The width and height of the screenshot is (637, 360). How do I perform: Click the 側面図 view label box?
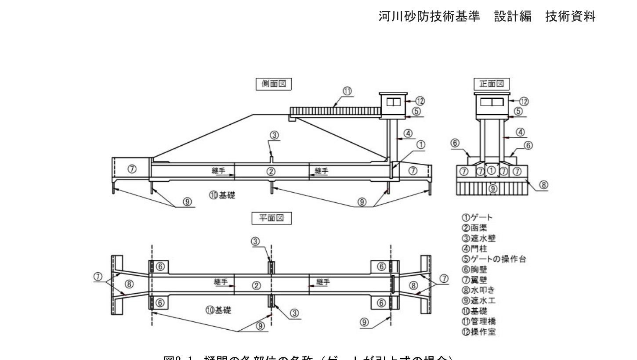click(274, 84)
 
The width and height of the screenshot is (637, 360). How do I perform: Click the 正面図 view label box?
click(491, 84)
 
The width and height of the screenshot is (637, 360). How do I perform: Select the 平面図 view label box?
click(271, 218)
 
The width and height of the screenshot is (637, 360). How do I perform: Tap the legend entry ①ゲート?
click(477, 217)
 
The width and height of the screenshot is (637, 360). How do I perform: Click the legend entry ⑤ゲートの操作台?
click(493, 259)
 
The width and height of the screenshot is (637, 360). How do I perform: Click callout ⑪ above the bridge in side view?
click(347, 91)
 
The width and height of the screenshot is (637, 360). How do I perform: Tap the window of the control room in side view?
click(393, 102)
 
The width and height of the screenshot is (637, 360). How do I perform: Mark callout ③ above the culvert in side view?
click(275, 136)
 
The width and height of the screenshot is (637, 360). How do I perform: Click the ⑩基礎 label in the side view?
click(222, 195)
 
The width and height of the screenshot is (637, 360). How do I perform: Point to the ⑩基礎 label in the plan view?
click(218, 310)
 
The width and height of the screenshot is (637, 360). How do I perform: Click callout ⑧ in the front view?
click(543, 185)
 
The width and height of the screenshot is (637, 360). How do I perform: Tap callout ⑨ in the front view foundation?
click(493, 189)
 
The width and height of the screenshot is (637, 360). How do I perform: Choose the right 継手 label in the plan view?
click(322, 282)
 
